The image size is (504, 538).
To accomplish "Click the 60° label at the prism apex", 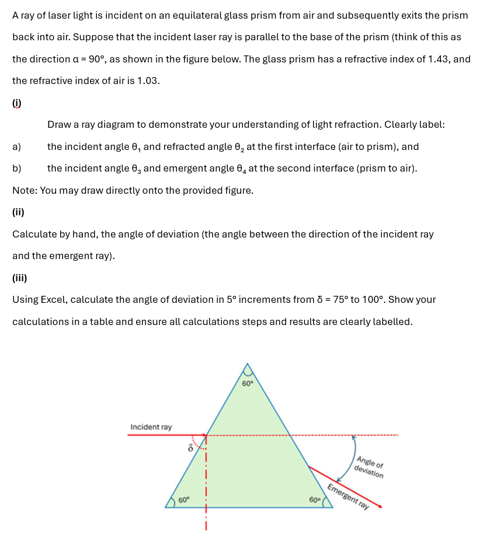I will coord(248,383).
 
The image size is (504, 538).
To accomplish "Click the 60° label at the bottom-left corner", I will coord(184,500).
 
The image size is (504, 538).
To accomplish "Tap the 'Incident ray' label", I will coord(151,427).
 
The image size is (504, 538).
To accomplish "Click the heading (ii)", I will coord(18,212).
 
